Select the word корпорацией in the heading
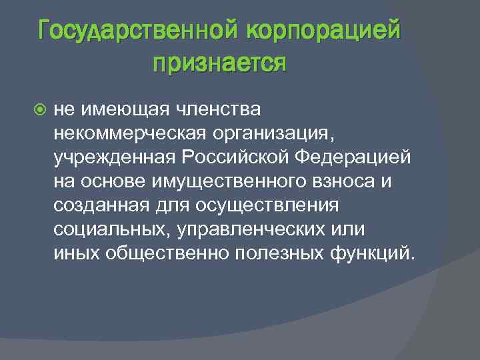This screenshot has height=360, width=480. tap(324, 30)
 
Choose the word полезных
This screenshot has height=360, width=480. tap(279, 253)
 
